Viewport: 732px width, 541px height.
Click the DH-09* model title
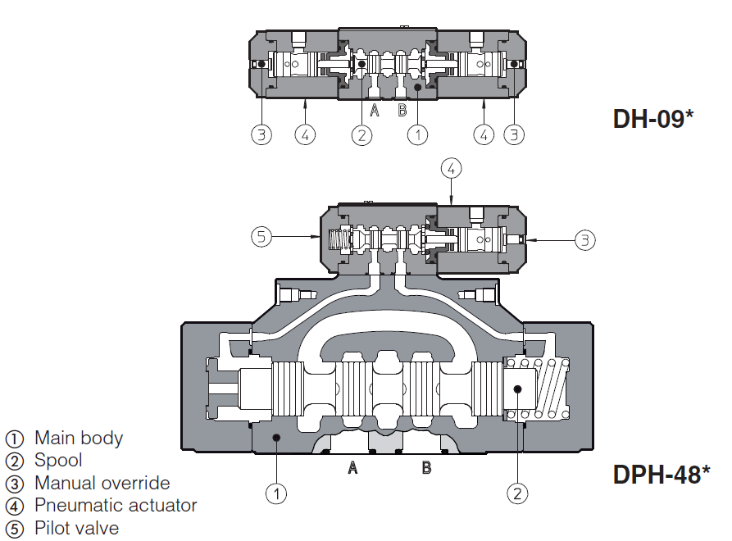pyautogui.click(x=653, y=119)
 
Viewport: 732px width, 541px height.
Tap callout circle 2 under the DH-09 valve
pyautogui.click(x=361, y=134)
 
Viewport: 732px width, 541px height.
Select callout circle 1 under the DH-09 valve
pyautogui.click(x=417, y=134)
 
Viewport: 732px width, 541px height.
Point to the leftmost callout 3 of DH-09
pyautogui.click(x=261, y=134)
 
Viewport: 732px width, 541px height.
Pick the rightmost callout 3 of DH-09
pyautogui.click(x=514, y=134)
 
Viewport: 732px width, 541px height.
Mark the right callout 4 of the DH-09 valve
pyautogui.click(x=484, y=134)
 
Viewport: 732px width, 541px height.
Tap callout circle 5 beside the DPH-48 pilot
pyautogui.click(x=261, y=238)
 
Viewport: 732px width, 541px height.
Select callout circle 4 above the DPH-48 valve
pyautogui.click(x=452, y=169)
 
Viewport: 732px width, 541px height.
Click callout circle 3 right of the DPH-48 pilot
pyautogui.click(x=584, y=239)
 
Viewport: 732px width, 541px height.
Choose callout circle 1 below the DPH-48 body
pyautogui.click(x=276, y=493)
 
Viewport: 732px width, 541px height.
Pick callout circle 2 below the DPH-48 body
pyautogui.click(x=516, y=493)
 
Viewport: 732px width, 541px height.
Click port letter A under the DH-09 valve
pyautogui.click(x=374, y=111)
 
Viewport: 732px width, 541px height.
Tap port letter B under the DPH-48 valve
pyautogui.click(x=426, y=468)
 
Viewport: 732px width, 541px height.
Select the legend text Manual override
pyautogui.click(x=102, y=483)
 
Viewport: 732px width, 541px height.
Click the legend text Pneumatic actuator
pyautogui.click(x=116, y=505)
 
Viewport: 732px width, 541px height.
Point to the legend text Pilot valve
pyautogui.click(x=76, y=528)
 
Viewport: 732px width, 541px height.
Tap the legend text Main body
pyautogui.click(x=78, y=438)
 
